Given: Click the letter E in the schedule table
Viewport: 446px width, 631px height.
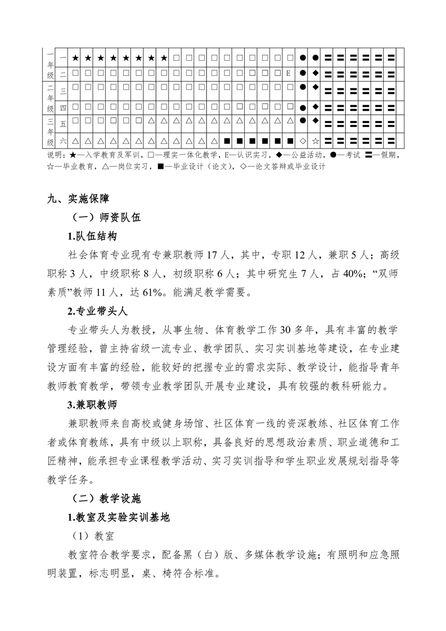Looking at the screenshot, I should coord(288,73).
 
